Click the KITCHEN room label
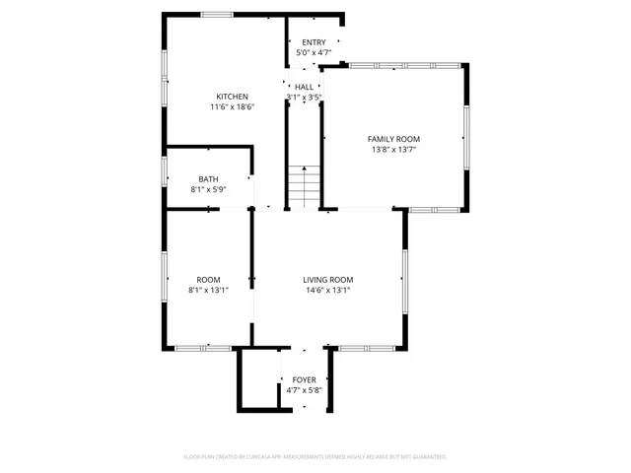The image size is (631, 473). point(225,97)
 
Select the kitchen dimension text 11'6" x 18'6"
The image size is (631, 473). point(232,106)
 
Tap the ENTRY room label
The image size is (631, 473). point(314,42)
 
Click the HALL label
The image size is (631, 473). point(305,87)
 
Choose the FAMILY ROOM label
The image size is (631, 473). point(393,140)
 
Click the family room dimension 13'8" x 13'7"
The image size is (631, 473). point(393,150)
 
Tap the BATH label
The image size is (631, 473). point(208,179)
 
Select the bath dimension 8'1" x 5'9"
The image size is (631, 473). point(208,189)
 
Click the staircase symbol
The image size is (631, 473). point(305,186)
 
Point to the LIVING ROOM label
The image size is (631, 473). point(327,280)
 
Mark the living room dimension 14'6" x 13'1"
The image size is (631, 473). point(327,290)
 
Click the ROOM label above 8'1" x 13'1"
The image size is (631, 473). point(208,280)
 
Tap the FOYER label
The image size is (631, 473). point(305,379)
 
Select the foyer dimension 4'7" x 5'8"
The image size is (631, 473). point(305,390)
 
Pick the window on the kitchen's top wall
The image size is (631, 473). point(217,14)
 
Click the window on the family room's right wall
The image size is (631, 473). point(466,138)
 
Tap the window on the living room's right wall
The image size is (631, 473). point(404,281)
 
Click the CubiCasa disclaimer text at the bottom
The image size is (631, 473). point(315,456)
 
